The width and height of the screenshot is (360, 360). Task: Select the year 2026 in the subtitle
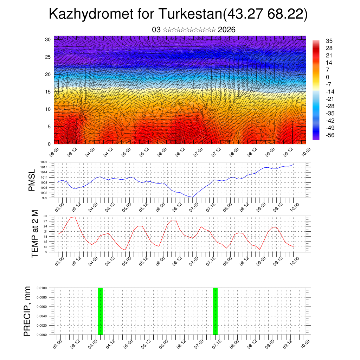(x=227, y=30)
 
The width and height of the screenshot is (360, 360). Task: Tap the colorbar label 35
(x=329, y=41)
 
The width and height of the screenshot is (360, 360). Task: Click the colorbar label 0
(x=328, y=77)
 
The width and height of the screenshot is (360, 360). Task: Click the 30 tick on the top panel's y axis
(x=48, y=39)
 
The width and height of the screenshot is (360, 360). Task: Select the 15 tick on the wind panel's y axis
(x=48, y=92)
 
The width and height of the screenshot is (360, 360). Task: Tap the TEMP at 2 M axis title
(x=35, y=233)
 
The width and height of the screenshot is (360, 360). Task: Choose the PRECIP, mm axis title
(x=28, y=311)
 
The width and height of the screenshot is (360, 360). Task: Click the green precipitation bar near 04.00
(x=100, y=311)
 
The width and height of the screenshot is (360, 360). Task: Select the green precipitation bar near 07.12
(x=216, y=311)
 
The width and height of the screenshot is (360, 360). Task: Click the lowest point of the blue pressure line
(x=192, y=197)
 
